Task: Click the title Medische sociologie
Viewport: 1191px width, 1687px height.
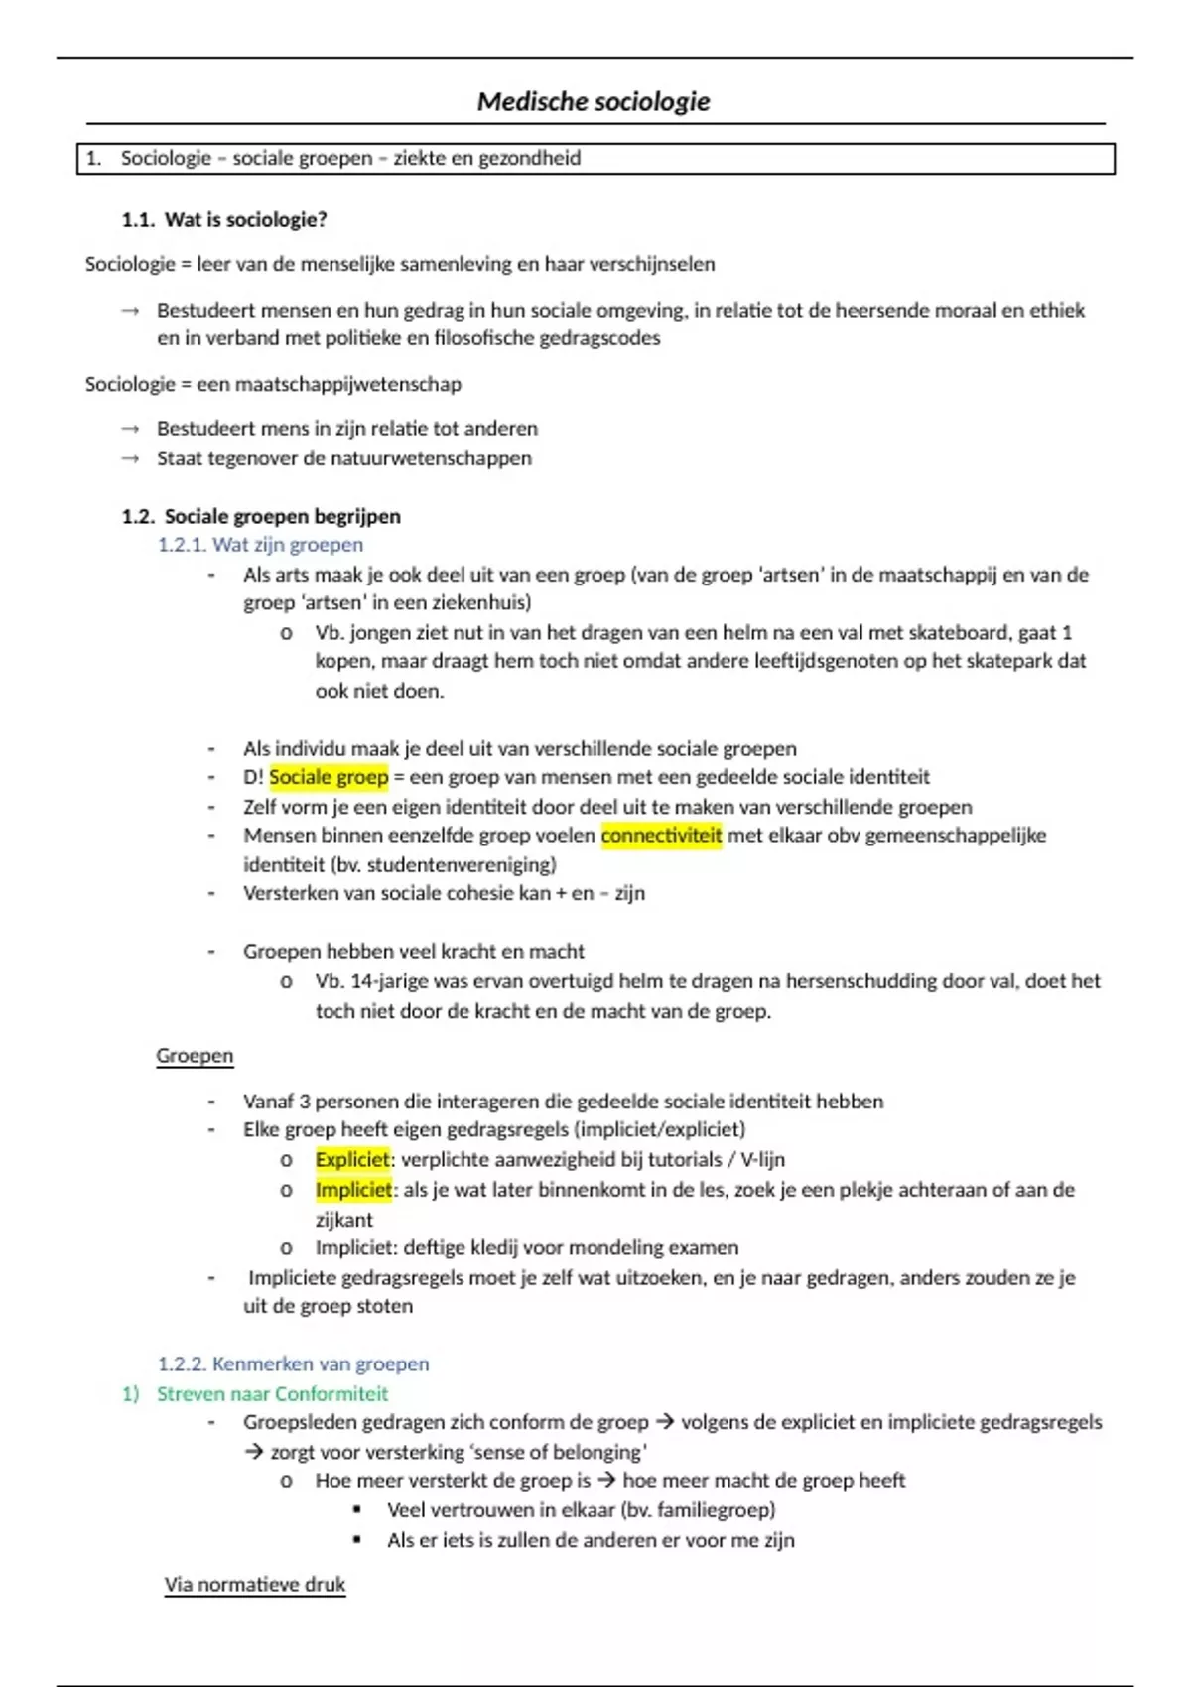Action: (594, 101)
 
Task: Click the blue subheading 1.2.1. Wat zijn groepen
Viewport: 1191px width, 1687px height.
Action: (260, 545)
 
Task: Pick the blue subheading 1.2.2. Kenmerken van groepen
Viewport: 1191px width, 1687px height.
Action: (293, 1364)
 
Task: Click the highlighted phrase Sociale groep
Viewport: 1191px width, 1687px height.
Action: (329, 777)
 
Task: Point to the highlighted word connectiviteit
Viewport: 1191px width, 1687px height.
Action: (661, 836)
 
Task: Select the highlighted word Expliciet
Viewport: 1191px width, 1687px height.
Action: (352, 1159)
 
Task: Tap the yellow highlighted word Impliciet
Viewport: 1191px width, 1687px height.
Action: (353, 1189)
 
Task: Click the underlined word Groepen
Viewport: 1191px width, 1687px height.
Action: (195, 1056)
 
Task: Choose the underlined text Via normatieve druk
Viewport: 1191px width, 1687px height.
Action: (255, 1585)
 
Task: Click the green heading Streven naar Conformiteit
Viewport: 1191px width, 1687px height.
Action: (272, 1394)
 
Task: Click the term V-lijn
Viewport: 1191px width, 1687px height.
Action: (762, 1159)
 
